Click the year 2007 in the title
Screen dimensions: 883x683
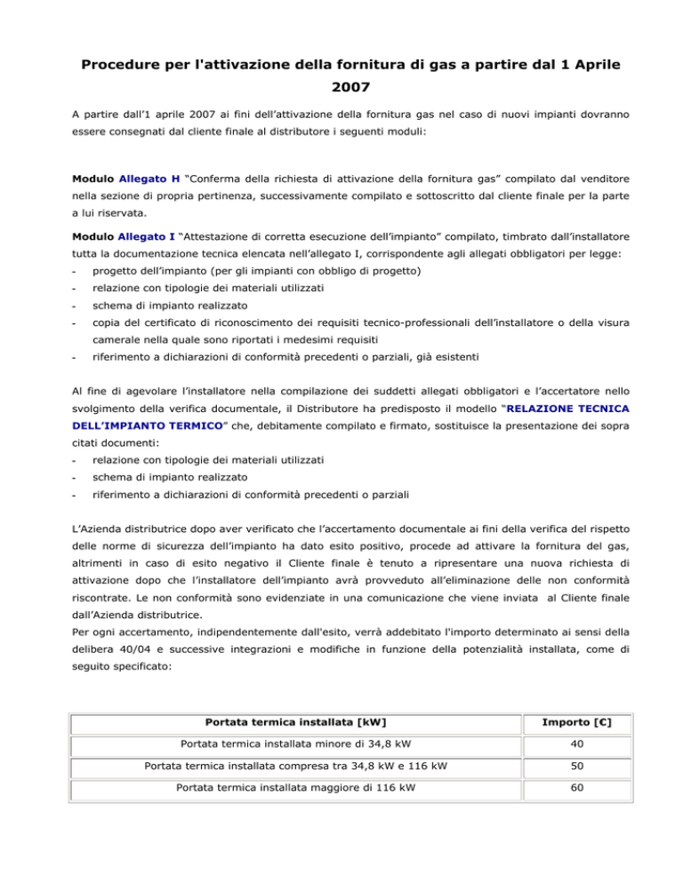point(341,90)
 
